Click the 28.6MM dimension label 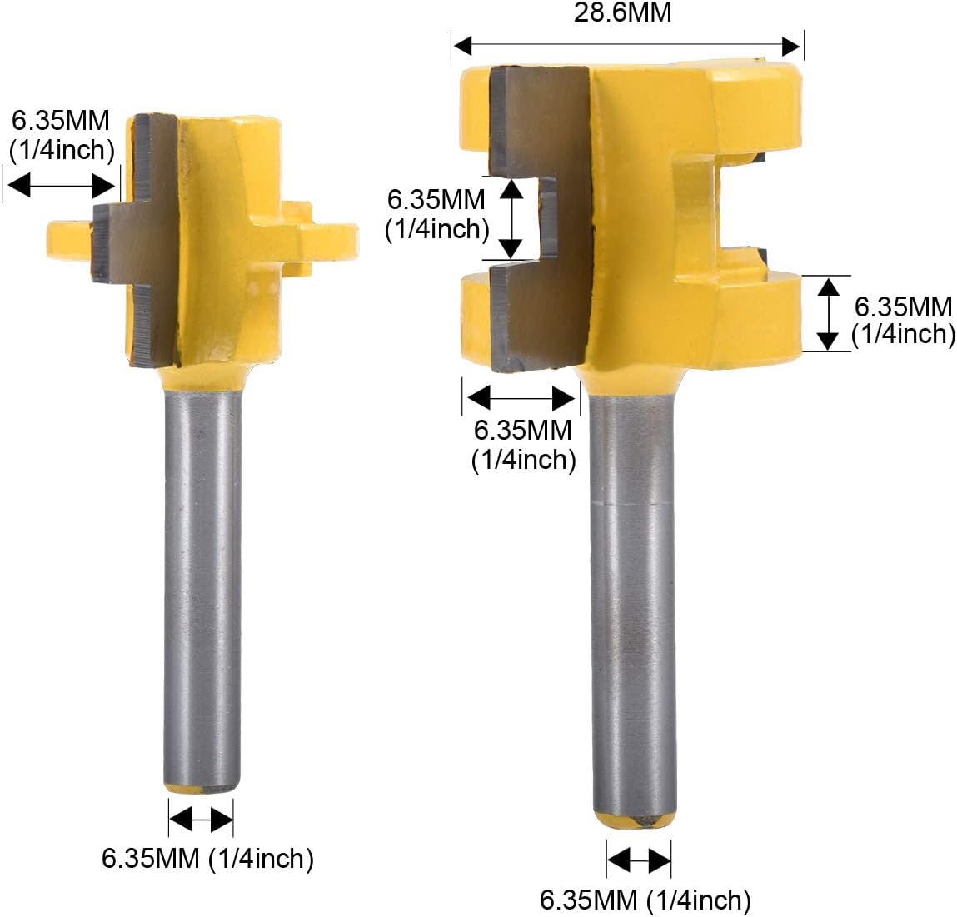click(622, 12)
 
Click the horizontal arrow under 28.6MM click(627, 46)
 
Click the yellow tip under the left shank click(202, 788)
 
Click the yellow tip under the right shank click(635, 820)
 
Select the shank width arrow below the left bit click(201, 819)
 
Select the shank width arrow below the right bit click(638, 860)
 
